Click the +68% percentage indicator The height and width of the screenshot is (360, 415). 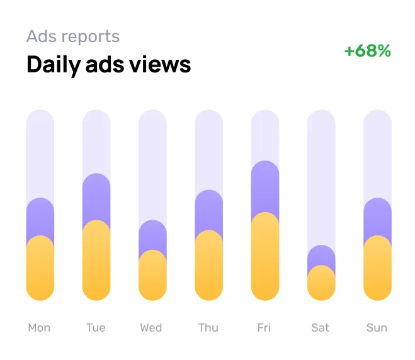tap(368, 51)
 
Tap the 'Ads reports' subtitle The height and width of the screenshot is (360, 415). tap(73, 36)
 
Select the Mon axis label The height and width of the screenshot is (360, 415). tap(39, 327)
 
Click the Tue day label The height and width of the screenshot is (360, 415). tap(96, 327)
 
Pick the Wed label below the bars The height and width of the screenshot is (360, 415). tap(151, 327)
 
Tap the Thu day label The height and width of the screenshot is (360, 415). tap(208, 327)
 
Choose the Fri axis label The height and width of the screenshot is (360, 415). tap(264, 327)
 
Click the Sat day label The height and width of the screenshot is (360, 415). tap(321, 327)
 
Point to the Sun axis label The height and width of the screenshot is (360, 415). tap(377, 327)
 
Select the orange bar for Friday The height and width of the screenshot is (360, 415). tap(265, 258)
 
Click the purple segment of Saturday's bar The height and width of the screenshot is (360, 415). tap(321, 255)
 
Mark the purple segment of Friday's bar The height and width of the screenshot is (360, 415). tap(265, 186)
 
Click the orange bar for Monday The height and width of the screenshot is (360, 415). tap(40, 269)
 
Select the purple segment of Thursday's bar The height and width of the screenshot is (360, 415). tap(209, 209)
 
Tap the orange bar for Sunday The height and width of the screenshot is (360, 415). tap(378, 269)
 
